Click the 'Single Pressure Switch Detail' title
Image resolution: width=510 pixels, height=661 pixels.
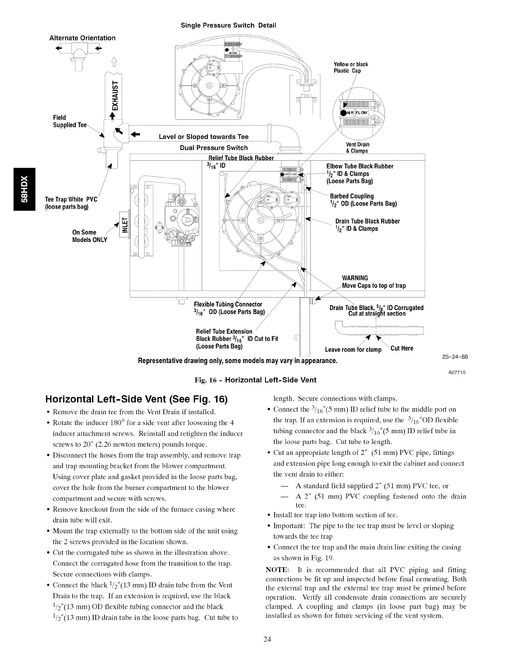[228, 25]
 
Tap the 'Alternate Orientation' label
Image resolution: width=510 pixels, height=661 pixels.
[82, 38]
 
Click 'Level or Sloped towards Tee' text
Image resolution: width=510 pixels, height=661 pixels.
[204, 137]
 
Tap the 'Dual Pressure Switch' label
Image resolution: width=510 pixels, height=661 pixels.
[214, 148]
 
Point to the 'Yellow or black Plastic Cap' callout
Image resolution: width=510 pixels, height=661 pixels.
[351, 68]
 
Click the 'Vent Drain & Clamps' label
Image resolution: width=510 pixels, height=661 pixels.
[357, 148]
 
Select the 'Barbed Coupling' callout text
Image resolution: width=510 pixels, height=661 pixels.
[352, 196]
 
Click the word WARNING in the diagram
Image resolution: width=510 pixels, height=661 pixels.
[355, 278]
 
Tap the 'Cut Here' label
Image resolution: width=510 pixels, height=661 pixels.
[402, 348]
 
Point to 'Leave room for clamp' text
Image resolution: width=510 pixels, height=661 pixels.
[353, 350]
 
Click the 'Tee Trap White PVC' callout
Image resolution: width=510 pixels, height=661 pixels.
[71, 203]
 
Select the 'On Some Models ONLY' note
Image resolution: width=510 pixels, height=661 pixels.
[90, 236]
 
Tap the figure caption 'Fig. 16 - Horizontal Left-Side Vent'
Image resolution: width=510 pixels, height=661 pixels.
[255, 380]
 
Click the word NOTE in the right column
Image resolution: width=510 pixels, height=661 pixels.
[277, 570]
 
